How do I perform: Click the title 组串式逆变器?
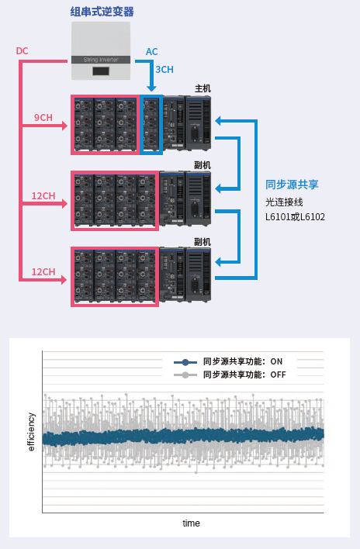point(101,11)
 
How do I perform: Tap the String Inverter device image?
point(102,50)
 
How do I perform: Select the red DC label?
point(22,51)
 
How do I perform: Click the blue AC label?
point(152,52)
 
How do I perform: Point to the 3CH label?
point(164,70)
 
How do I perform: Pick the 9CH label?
point(43,118)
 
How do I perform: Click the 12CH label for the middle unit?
point(43,195)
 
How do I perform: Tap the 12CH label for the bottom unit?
point(43,271)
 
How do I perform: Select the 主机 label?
point(202,88)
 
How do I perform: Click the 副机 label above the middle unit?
point(202,165)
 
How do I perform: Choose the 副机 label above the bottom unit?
point(202,242)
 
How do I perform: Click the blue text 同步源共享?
point(292,185)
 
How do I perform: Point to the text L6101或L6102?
point(295,217)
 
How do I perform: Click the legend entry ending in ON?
point(233,361)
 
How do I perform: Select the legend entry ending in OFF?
point(233,375)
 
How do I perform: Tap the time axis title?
point(191,523)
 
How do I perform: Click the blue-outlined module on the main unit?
point(151,124)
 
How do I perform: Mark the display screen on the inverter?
point(102,71)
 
